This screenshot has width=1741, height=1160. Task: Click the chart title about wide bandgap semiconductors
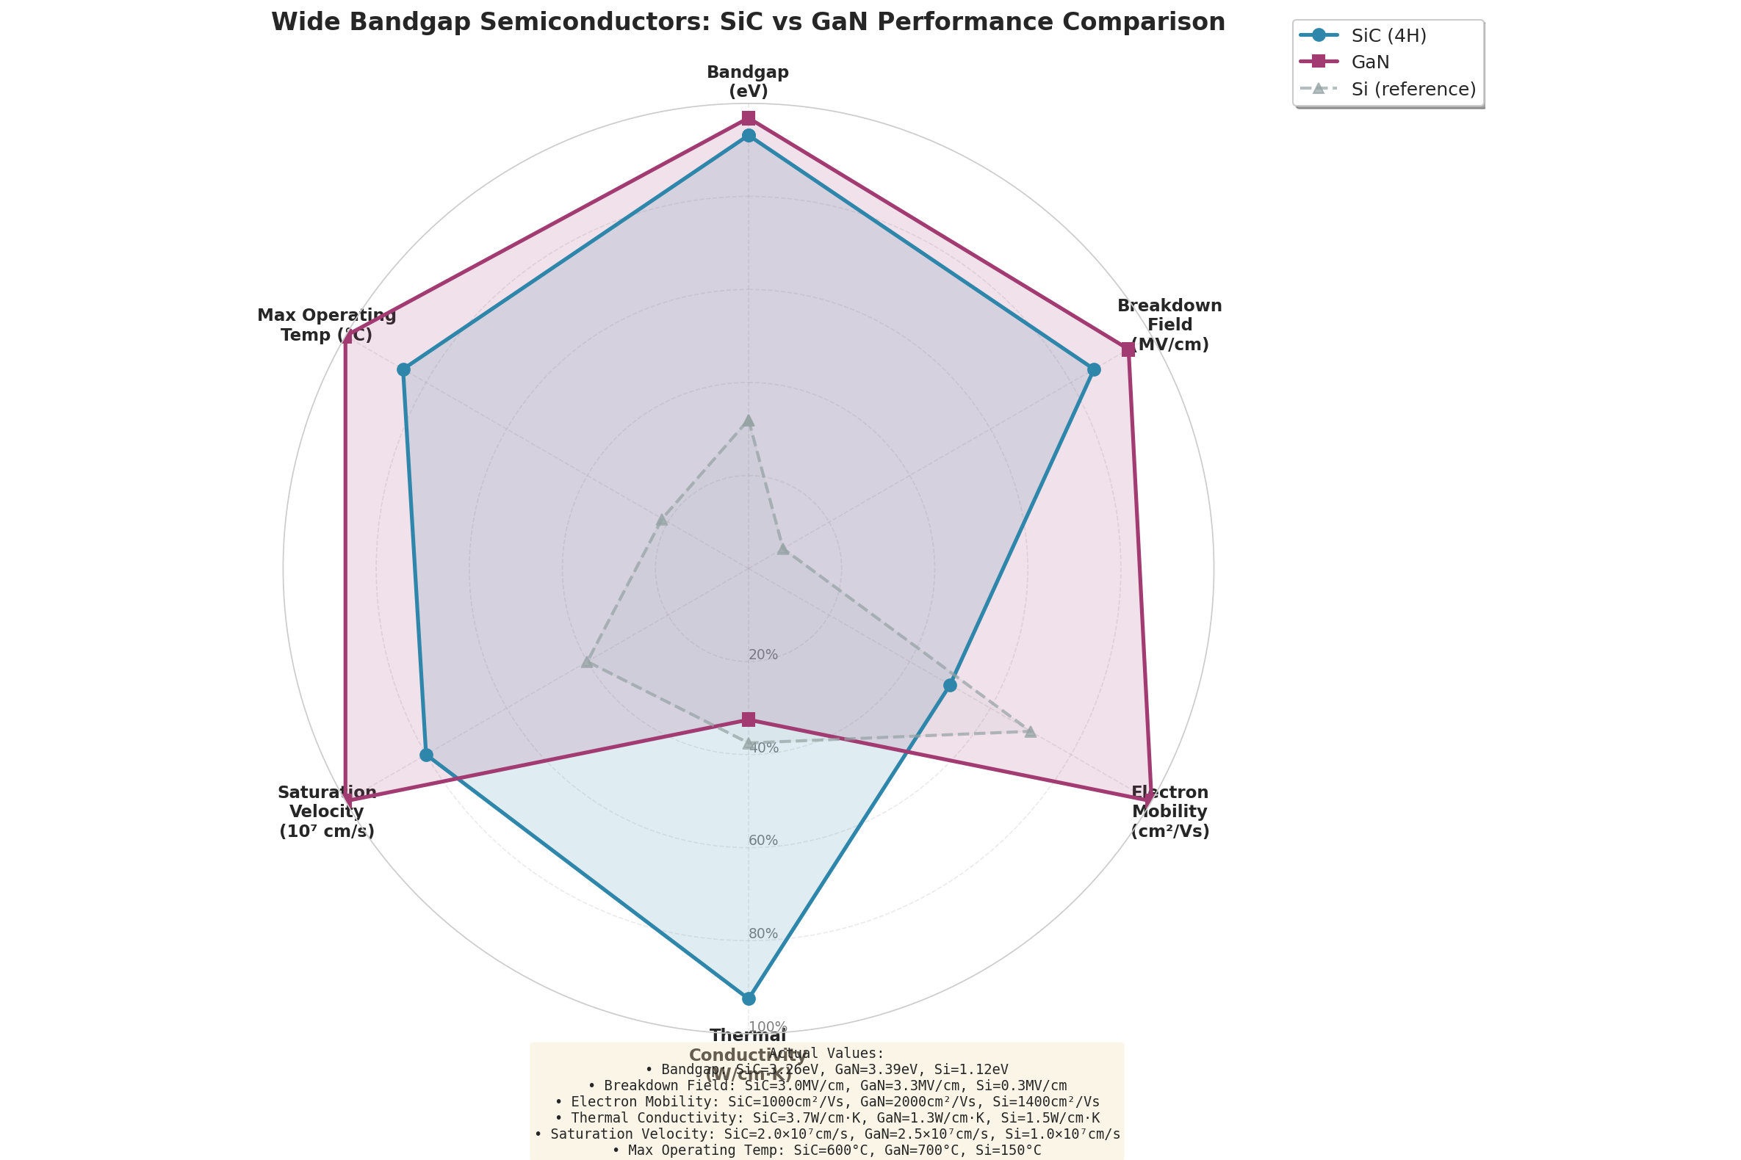[748, 22]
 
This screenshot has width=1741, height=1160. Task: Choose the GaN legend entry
[1370, 62]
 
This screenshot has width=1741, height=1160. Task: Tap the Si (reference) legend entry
[1413, 90]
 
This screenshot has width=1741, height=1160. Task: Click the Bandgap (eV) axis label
[748, 81]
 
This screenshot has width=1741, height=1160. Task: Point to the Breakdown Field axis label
[1169, 325]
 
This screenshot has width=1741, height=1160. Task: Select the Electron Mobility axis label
[1169, 811]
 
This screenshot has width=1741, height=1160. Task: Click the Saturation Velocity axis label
[326, 811]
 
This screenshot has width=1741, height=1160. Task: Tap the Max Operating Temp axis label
[326, 325]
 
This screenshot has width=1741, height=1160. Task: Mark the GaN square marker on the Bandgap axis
[749, 118]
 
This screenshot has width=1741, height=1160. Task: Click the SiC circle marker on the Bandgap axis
[749, 135]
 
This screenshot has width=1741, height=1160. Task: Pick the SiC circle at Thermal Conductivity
[749, 998]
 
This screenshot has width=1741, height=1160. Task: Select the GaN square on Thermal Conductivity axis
[749, 719]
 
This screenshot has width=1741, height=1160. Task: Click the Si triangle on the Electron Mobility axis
[1030, 732]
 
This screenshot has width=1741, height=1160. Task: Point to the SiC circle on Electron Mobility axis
[950, 686]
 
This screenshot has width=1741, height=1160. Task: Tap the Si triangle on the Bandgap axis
[749, 421]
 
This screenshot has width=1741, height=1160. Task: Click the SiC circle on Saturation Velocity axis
[425, 755]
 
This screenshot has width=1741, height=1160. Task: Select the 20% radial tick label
[763, 655]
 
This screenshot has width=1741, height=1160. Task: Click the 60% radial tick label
[763, 841]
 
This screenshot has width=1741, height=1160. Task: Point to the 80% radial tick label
[763, 934]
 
